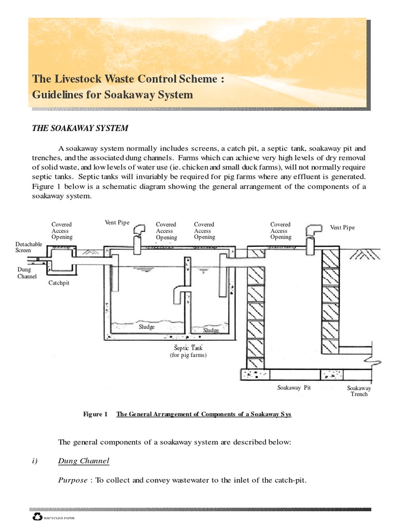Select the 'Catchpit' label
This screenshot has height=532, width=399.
[59, 283]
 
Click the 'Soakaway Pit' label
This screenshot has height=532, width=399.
[294, 388]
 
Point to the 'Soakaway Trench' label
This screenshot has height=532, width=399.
[359, 391]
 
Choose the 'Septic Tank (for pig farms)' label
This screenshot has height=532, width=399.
[188, 351]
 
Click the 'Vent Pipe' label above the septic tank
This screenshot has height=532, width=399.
[117, 223]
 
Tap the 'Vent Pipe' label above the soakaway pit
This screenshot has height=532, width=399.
[342, 228]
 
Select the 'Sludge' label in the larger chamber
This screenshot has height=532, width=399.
[147, 327]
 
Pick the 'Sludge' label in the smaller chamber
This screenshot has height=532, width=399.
[211, 330]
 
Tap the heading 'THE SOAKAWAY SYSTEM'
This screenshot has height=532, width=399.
[80, 128]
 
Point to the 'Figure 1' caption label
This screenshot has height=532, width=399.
[95, 415]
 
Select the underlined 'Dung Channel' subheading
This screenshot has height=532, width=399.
[84, 461]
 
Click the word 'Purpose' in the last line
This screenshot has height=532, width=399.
[73, 480]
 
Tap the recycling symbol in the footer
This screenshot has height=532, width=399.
[37, 517]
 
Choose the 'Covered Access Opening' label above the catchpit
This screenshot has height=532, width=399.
[62, 231]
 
